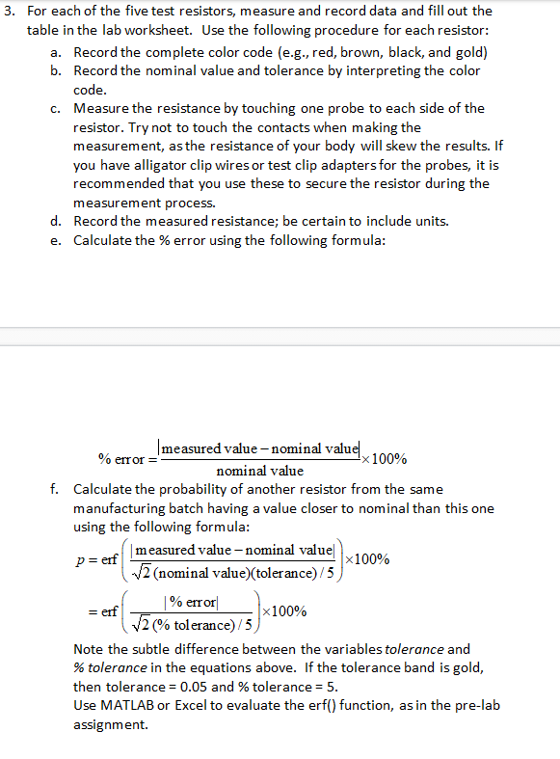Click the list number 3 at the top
9,12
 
